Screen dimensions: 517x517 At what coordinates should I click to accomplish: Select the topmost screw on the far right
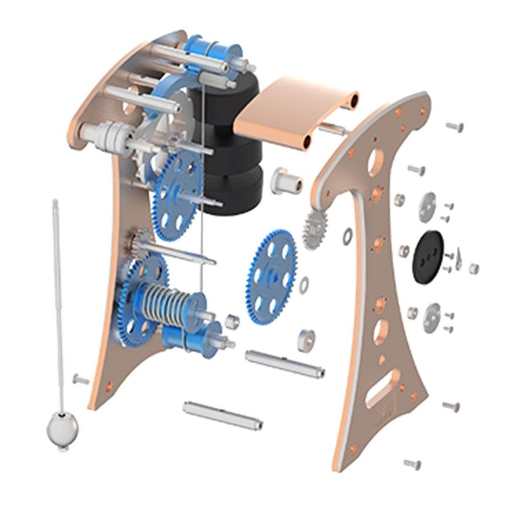[x=454, y=126]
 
